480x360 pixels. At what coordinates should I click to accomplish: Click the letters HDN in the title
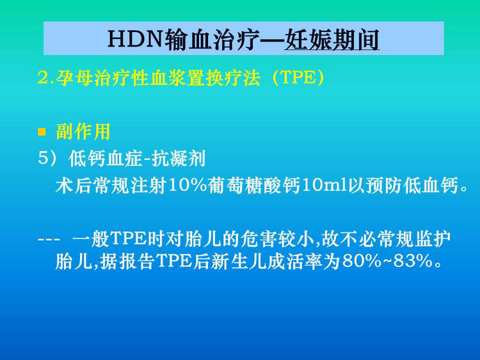[134, 39]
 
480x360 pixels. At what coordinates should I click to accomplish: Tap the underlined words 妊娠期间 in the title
[332, 40]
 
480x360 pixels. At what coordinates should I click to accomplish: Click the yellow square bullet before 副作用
[42, 132]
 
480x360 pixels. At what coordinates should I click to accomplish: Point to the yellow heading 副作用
[83, 132]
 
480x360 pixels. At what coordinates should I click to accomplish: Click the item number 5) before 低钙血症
[47, 158]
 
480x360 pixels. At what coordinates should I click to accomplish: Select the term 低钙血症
[106, 159]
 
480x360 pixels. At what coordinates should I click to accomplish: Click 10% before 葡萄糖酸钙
[188, 185]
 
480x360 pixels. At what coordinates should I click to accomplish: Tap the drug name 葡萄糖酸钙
[254, 185]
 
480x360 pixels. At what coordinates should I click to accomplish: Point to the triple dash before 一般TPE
[49, 239]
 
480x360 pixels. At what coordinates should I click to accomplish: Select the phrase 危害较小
[277, 238]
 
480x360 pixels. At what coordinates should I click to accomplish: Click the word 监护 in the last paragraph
[433, 238]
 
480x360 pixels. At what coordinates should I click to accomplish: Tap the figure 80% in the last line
[362, 261]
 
